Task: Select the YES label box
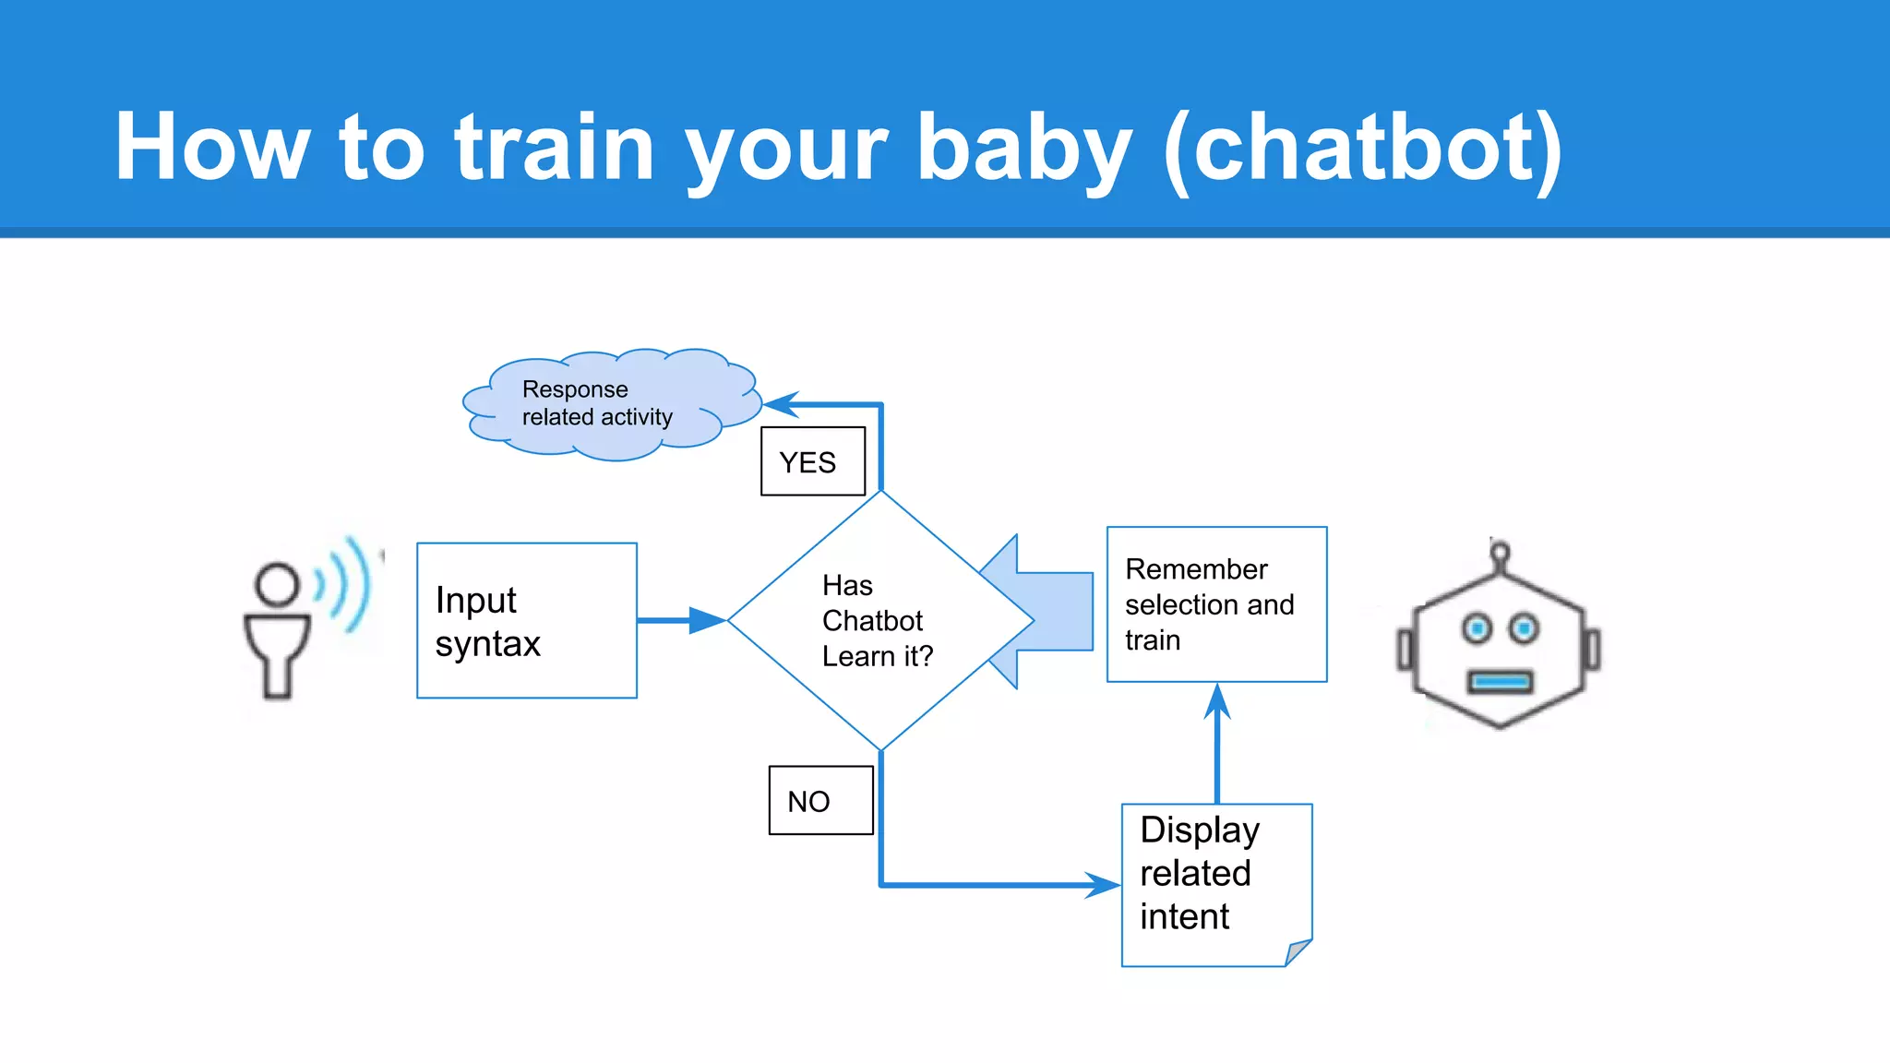[813, 461]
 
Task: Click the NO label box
[820, 801]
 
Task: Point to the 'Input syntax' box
[527, 620]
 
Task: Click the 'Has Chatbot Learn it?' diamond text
[877, 620]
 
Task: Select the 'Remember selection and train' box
[1216, 604]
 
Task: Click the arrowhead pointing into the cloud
[781, 404]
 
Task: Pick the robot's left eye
[1477, 628]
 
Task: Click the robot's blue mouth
[1501, 683]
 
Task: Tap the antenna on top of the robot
[1500, 555]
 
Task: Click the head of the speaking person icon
[277, 584]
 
